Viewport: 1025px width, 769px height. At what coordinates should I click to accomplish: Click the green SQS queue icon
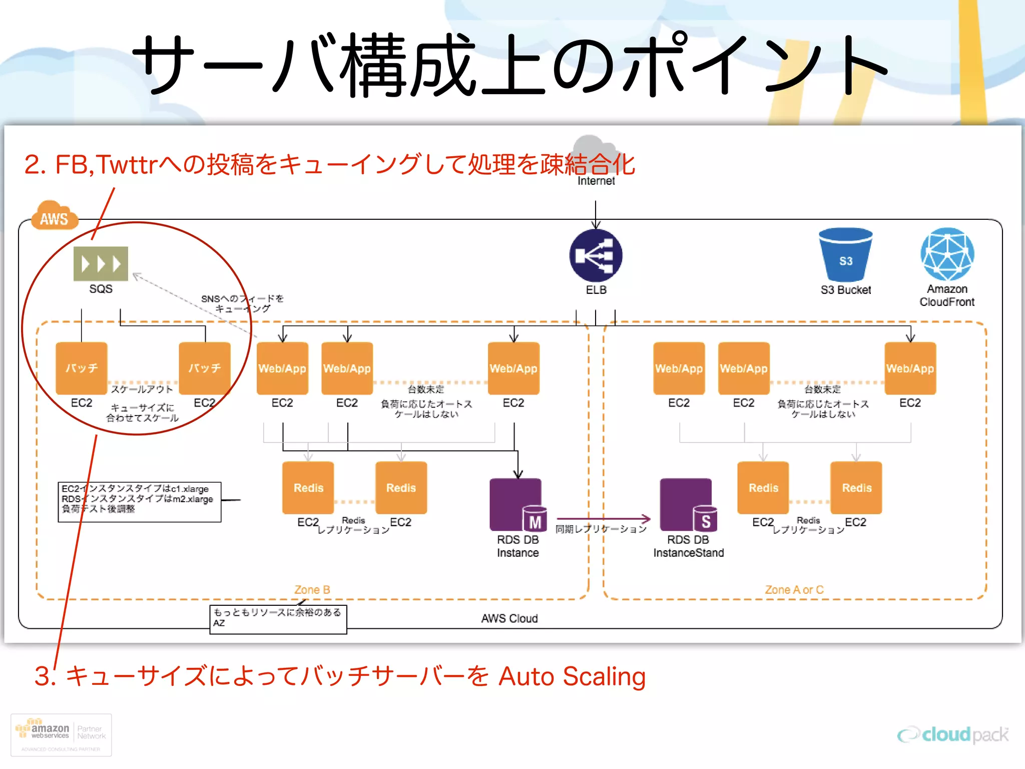[101, 263]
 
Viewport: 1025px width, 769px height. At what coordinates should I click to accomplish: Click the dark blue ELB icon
[596, 256]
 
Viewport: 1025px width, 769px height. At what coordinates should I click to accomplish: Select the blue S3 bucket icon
[845, 255]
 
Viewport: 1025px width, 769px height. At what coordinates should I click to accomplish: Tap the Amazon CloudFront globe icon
[947, 254]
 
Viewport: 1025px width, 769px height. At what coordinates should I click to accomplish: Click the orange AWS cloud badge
[54, 217]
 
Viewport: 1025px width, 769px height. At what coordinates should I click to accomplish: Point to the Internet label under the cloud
[596, 181]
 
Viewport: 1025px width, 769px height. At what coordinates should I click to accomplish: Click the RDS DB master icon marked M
[518, 505]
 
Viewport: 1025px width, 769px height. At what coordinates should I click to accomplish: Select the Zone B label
[312, 590]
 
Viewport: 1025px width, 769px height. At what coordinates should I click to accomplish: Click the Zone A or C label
[794, 590]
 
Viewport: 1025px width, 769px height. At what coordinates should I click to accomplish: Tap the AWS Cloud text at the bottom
[509, 619]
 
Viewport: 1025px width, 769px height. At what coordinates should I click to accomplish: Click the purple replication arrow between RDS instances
[603, 519]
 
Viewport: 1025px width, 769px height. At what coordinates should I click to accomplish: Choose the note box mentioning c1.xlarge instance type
[139, 502]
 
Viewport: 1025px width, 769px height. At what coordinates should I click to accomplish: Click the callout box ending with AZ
[278, 619]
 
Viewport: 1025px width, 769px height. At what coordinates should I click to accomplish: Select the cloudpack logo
[953, 734]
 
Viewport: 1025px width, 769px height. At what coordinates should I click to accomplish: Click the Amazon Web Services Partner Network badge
[61, 734]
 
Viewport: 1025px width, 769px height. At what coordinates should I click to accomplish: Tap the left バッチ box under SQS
[82, 368]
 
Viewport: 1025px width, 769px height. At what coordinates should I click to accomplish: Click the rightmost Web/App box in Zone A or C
[910, 368]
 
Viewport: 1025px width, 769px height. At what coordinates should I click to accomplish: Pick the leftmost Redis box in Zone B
[308, 488]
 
